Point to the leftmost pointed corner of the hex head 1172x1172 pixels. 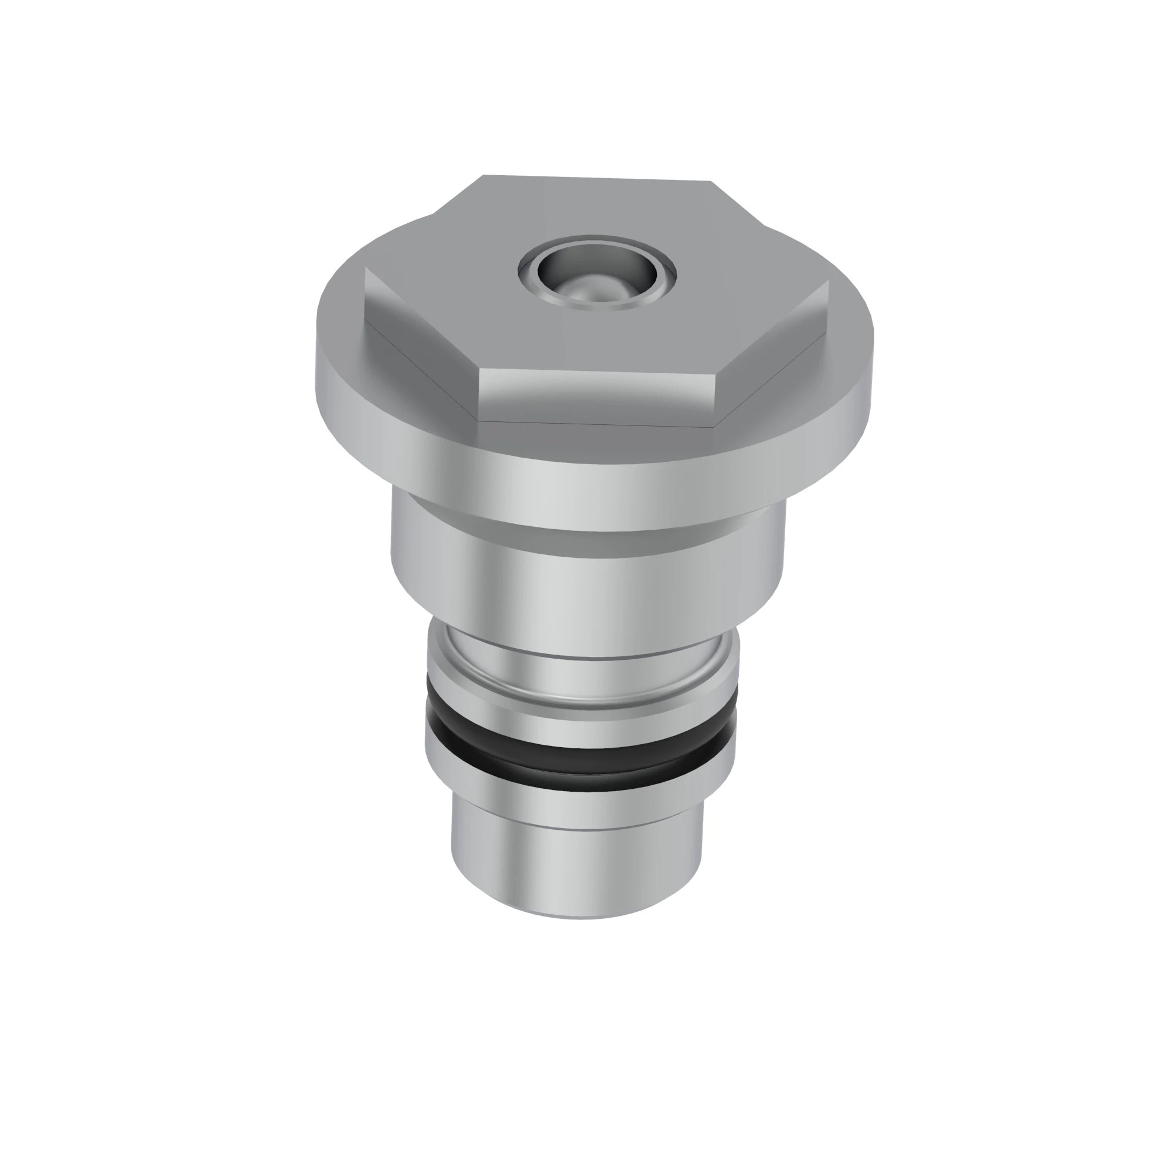click(x=365, y=270)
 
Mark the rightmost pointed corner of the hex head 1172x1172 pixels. click(x=828, y=281)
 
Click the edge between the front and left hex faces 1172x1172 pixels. click(x=479, y=394)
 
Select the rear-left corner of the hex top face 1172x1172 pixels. click(x=483, y=176)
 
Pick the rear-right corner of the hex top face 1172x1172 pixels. click(x=711, y=182)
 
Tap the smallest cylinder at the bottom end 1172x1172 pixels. click(x=576, y=867)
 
